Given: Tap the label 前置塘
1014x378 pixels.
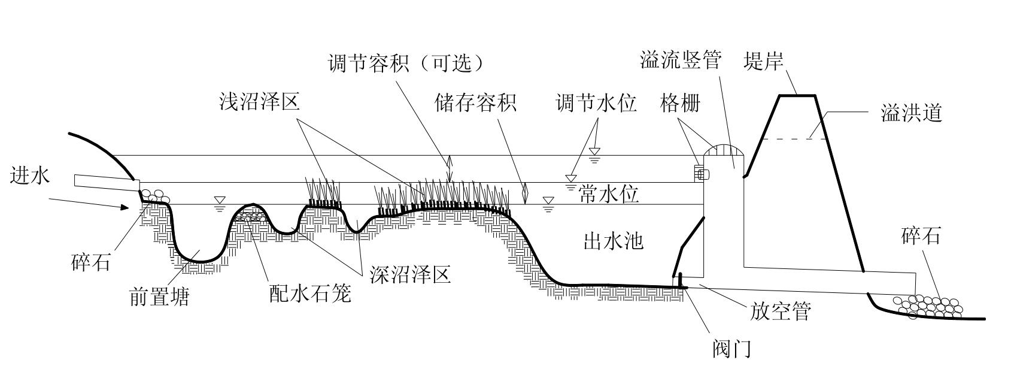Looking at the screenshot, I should pyautogui.click(x=159, y=297).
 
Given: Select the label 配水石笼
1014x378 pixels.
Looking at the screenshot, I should pyautogui.click(x=309, y=294).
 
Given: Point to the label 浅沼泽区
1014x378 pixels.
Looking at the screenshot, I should pyautogui.click(x=259, y=102).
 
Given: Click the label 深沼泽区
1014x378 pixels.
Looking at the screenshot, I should pyautogui.click(x=410, y=274).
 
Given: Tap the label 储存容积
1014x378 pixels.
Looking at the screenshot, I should pyautogui.click(x=475, y=103).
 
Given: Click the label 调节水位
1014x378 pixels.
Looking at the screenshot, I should pyautogui.click(x=596, y=103).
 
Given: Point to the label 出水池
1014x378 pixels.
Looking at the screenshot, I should pyautogui.click(x=613, y=241).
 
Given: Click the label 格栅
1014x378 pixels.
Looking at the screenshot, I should pyautogui.click(x=680, y=103).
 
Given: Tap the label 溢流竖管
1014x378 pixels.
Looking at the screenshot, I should pyautogui.click(x=681, y=61).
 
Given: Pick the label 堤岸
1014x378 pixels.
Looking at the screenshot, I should pyautogui.click(x=763, y=61).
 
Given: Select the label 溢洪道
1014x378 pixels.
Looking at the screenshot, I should pyautogui.click(x=912, y=113).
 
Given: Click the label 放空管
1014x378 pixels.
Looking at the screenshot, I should pyautogui.click(x=780, y=312).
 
